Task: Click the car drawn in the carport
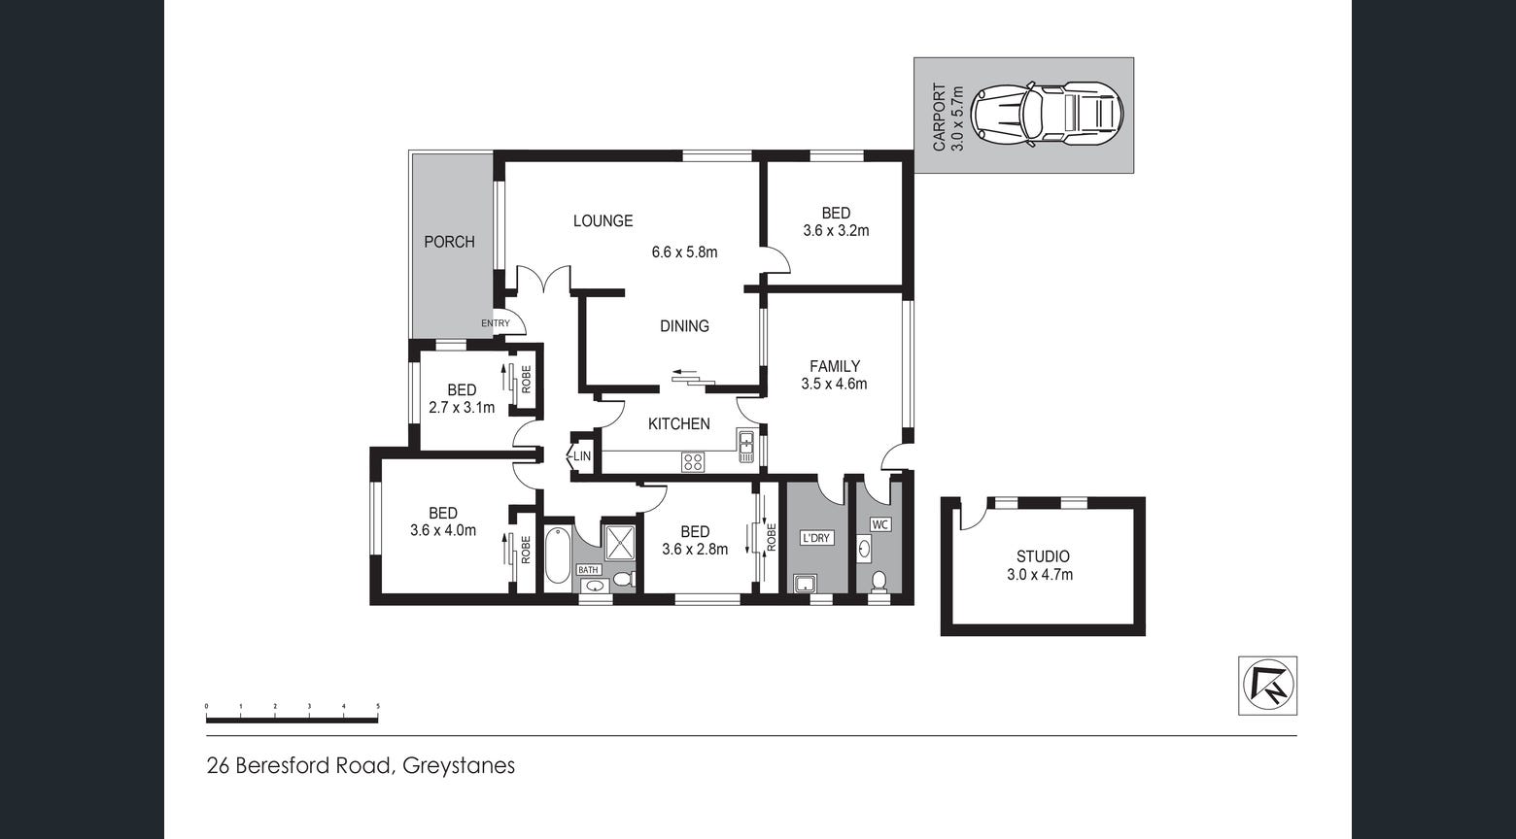coord(1049,114)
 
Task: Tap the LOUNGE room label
coord(603,221)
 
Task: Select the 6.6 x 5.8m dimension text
coord(684,252)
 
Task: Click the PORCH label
coord(449,242)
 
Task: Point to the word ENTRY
coord(495,323)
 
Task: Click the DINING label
coord(684,326)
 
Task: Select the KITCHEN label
coord(678,424)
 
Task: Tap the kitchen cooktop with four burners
coord(693,462)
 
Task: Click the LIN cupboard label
coord(582,456)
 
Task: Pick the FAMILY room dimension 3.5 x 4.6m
coord(834,384)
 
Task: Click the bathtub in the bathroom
coord(557,555)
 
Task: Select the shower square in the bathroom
coord(619,542)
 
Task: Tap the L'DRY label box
coord(816,538)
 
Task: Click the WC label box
coord(880,524)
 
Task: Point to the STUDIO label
coord(1043,556)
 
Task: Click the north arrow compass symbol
coord(1267,686)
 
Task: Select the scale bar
coord(292,720)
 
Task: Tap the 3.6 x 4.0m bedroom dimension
coord(443,530)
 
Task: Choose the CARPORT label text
coord(940,117)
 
